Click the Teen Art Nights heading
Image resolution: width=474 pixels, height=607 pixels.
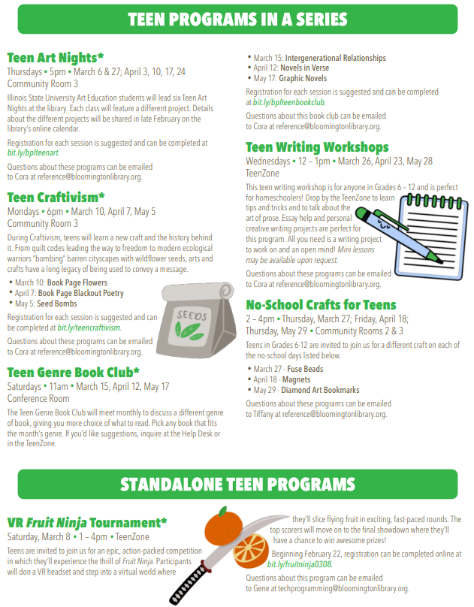point(55,57)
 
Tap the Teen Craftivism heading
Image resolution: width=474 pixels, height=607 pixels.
point(56,198)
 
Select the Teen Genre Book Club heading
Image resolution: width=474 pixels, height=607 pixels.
point(74,372)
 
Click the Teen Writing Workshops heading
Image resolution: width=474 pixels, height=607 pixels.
point(317,147)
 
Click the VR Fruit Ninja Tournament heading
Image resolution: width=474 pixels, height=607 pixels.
point(87,522)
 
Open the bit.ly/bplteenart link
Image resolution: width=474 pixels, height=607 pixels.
point(32,153)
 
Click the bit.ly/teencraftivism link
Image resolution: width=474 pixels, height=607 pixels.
point(89,328)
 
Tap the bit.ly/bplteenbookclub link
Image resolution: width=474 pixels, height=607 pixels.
point(288,101)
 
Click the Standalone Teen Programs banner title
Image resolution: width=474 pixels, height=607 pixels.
point(237,483)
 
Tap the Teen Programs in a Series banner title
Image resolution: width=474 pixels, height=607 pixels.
point(237,20)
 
